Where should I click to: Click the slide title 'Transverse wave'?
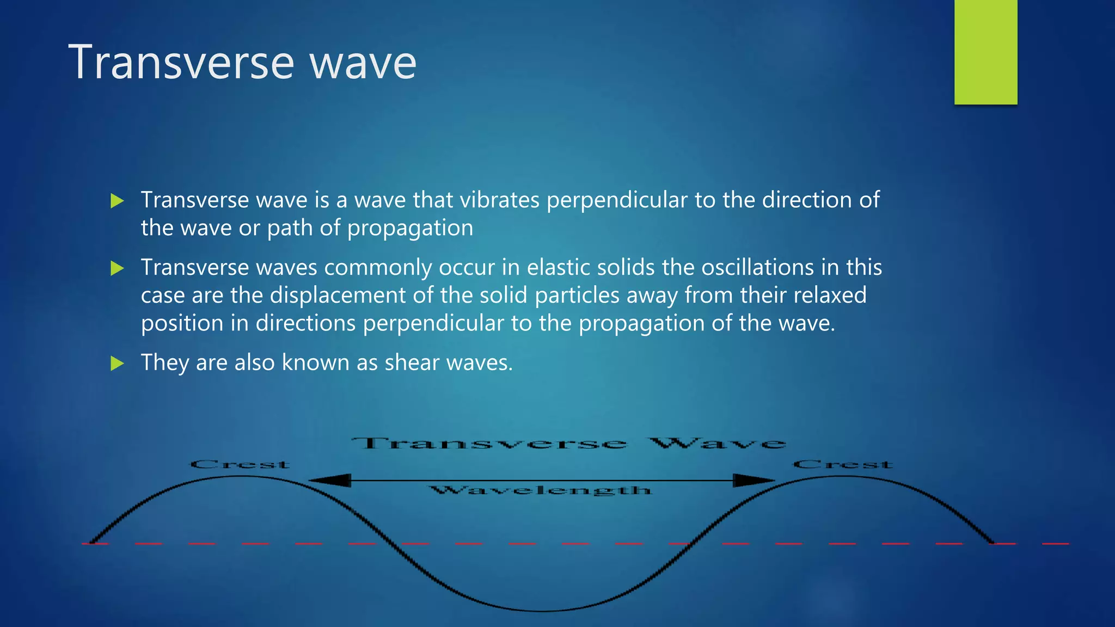pos(242,63)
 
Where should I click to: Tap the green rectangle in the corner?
pos(985,52)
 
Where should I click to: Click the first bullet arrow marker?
pos(117,201)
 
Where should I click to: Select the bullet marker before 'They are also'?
pos(117,363)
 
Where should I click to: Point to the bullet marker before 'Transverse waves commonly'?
pos(117,268)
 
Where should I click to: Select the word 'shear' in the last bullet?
pos(412,363)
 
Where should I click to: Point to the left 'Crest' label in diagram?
pos(240,465)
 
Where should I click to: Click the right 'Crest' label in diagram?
pos(842,465)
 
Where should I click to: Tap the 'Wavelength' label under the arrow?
pos(540,490)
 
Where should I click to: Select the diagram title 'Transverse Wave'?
pos(568,444)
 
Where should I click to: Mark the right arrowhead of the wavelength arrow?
pos(754,480)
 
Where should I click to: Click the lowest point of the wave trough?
pos(542,611)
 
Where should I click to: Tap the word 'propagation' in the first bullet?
pos(410,229)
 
